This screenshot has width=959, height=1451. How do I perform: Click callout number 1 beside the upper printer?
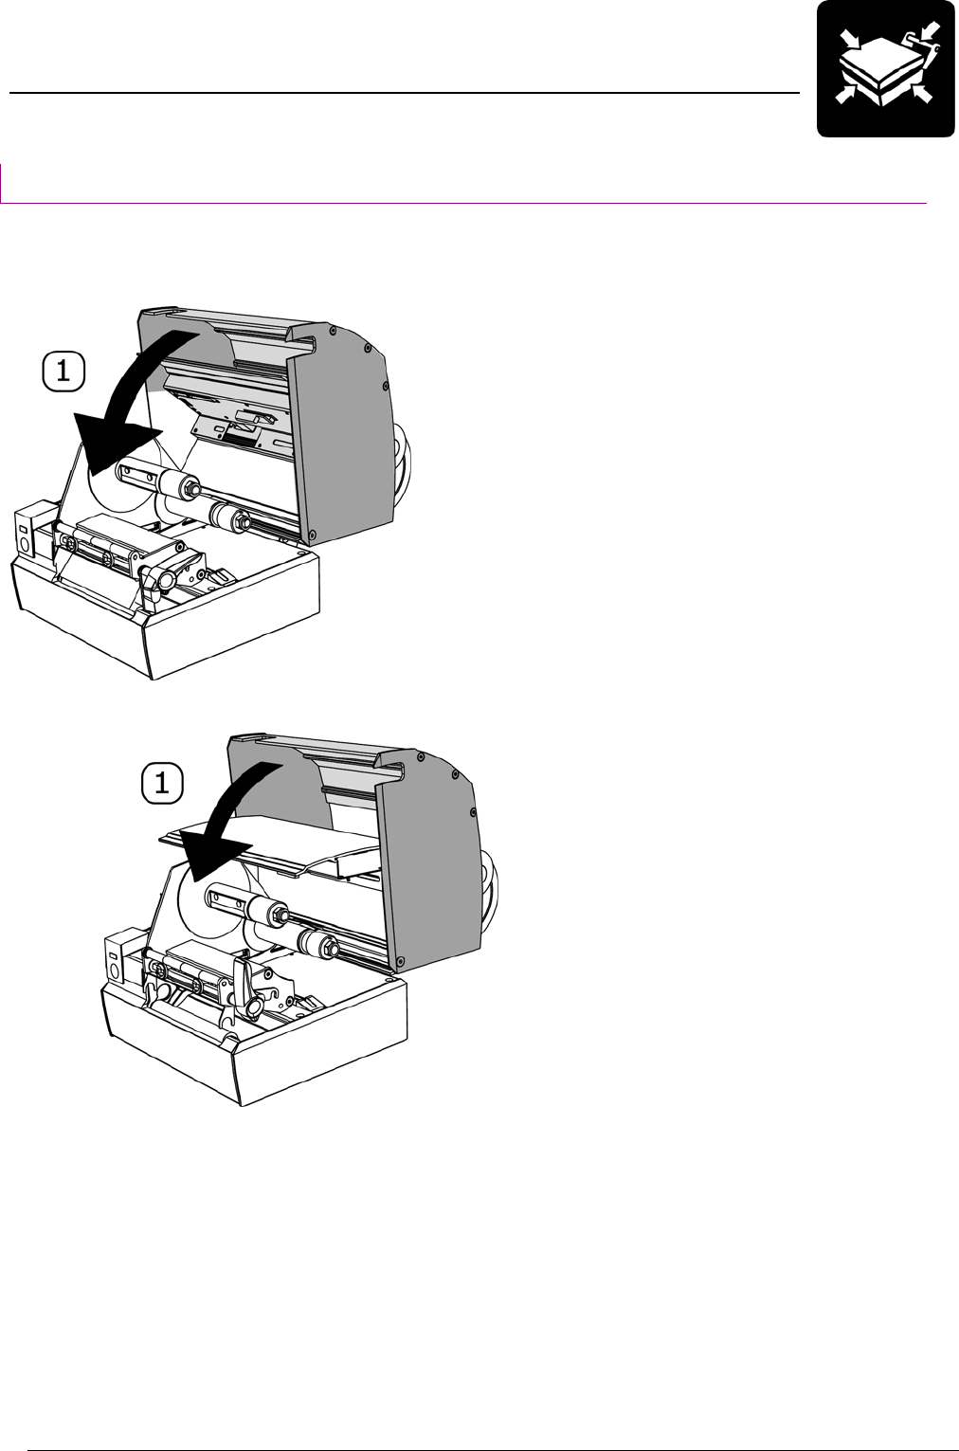point(63,371)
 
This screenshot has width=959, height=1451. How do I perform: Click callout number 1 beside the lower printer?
point(162,784)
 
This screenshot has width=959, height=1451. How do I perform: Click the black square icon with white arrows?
point(885,68)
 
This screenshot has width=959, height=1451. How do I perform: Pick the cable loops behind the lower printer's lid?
point(492,886)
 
